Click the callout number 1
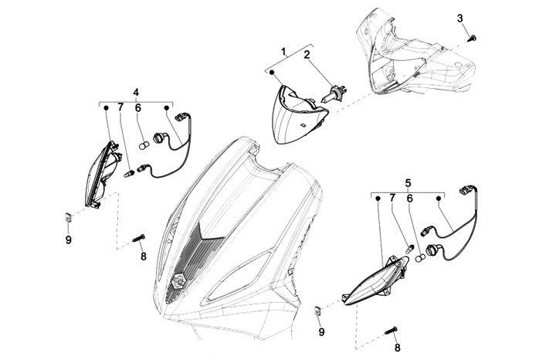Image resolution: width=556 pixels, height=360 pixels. pyautogui.click(x=283, y=52)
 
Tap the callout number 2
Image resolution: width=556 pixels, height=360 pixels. pyautogui.click(x=307, y=55)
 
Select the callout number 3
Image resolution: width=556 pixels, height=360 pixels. pyautogui.click(x=460, y=18)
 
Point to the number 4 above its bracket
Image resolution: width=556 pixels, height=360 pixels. pyautogui.click(x=136, y=92)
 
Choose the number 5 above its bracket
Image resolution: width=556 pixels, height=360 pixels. pyautogui.click(x=409, y=183)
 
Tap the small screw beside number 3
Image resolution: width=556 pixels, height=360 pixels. pyautogui.click(x=472, y=38)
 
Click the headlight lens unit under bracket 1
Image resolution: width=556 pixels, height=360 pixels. pyautogui.click(x=299, y=114)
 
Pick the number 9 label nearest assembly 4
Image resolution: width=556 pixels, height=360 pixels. pyautogui.click(x=68, y=240)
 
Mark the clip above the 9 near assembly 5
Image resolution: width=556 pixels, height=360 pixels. pyautogui.click(x=317, y=311)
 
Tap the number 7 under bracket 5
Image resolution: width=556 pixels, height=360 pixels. pyautogui.click(x=392, y=199)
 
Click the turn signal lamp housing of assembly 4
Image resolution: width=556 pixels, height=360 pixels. pyautogui.click(x=103, y=174)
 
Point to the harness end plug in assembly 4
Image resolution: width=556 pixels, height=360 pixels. pyautogui.click(x=181, y=117)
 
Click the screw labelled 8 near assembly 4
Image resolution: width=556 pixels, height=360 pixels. pyautogui.click(x=139, y=238)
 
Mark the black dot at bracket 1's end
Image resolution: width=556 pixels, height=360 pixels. pyautogui.click(x=272, y=73)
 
